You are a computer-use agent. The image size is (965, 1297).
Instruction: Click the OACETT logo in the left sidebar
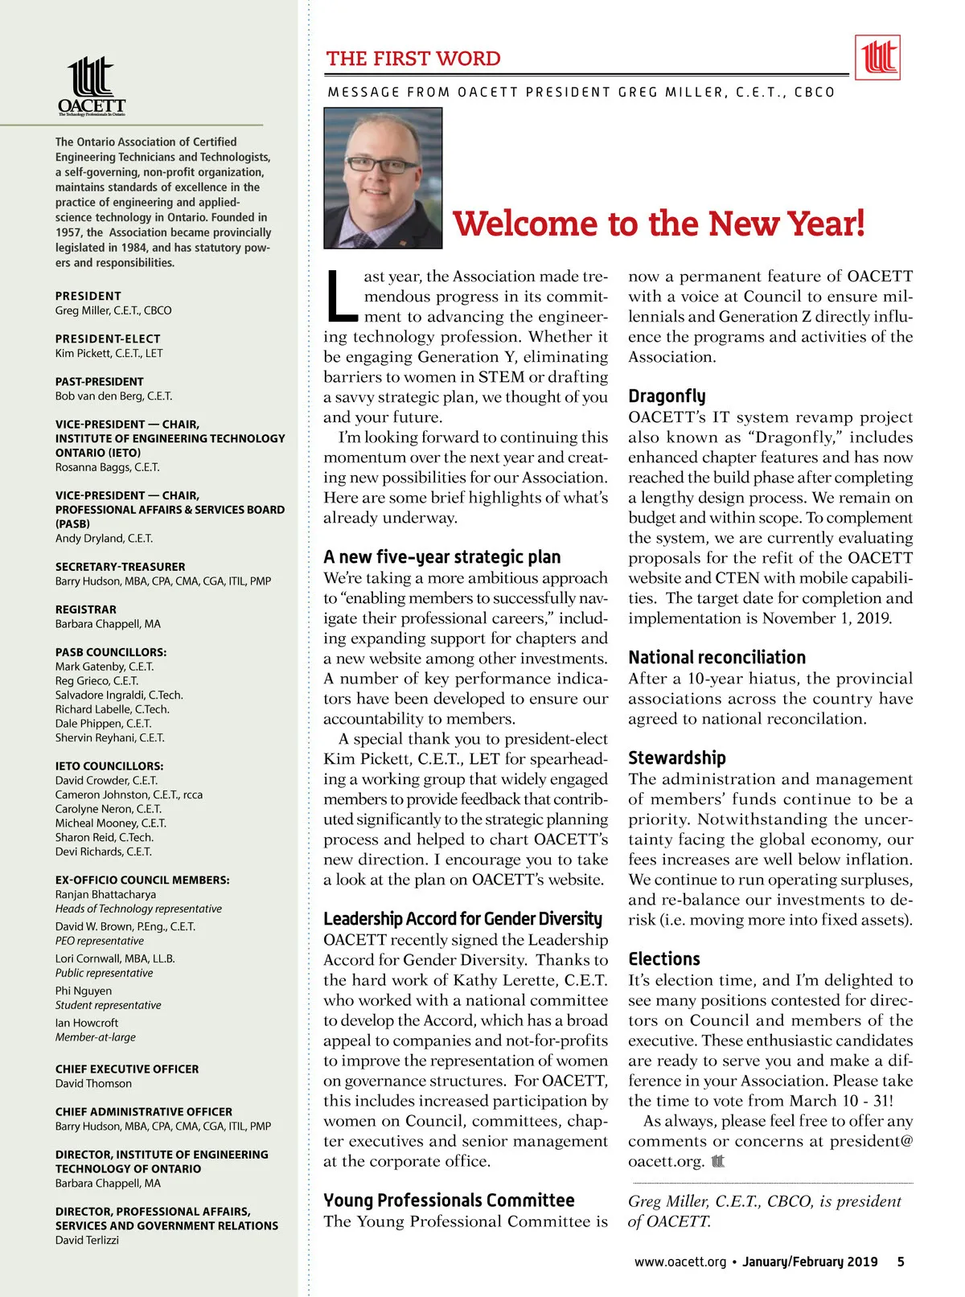coord(92,86)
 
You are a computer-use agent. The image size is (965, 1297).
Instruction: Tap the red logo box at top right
coord(877,58)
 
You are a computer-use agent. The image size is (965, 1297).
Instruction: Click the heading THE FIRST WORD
coord(413,59)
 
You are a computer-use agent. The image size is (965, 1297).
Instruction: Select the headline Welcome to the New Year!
coord(659,224)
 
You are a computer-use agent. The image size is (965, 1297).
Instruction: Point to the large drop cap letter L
coord(341,293)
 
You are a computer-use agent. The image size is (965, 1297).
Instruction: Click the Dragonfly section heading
coord(667,396)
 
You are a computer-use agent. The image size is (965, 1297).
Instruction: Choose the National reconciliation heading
coord(717,657)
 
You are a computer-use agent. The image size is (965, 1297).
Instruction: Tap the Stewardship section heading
coord(676,757)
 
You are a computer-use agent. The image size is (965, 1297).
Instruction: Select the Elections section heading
coord(664,958)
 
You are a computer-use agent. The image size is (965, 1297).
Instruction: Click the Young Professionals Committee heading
coord(449,1200)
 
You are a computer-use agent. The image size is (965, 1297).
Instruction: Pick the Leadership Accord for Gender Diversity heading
coord(462,918)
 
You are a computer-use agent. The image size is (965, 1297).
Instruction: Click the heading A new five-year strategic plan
coord(441,556)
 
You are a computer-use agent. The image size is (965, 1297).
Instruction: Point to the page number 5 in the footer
coord(900,1262)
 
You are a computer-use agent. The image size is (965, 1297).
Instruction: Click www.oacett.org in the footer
coord(680,1262)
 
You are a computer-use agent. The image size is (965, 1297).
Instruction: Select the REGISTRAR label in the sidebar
coord(85,610)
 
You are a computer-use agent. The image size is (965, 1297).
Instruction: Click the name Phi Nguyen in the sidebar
coord(84,991)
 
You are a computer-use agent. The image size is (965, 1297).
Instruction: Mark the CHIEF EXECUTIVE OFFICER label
coord(127,1069)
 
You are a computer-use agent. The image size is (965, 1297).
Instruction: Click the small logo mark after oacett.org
coord(718,1161)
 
